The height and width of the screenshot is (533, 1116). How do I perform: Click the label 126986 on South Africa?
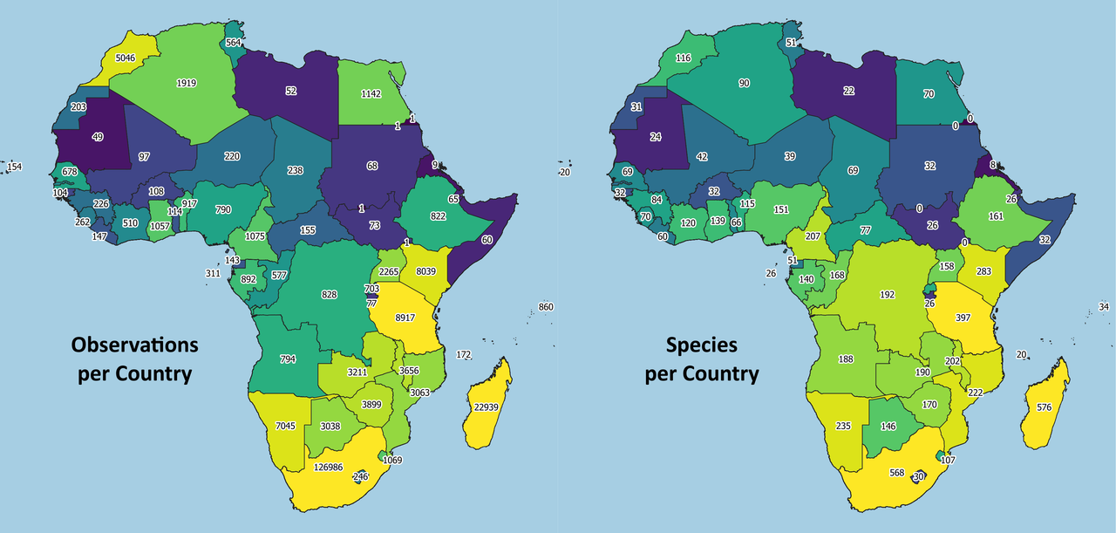[x=331, y=467]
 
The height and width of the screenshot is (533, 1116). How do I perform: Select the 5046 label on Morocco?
[x=121, y=59]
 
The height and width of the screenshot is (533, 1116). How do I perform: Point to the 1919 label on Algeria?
[x=186, y=83]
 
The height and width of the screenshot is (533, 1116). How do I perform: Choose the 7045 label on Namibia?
[x=287, y=425]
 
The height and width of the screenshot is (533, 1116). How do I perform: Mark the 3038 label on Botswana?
[x=330, y=426]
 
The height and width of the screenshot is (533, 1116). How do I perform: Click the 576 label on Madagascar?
[x=1044, y=407]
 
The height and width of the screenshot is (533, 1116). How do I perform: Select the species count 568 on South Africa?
[x=896, y=474]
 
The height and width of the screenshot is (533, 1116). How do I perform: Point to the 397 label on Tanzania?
[x=963, y=318]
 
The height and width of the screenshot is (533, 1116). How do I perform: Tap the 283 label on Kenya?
[x=983, y=271]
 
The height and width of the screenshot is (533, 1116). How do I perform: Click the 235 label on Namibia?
[x=843, y=426]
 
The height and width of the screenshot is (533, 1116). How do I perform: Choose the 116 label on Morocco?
[x=683, y=58]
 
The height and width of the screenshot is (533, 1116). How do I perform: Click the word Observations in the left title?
[x=134, y=345]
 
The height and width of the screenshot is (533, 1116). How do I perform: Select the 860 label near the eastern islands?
[x=546, y=307]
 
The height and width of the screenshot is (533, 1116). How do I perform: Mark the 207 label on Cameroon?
[x=813, y=236]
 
